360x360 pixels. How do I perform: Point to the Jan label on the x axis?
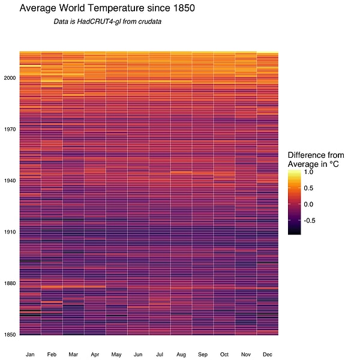tap(30, 355)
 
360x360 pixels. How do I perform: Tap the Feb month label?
tap(52, 355)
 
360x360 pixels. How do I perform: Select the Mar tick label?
tap(73, 355)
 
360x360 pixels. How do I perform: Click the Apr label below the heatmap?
tap(95, 355)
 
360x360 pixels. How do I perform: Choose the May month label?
tap(116, 355)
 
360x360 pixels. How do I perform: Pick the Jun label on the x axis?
tap(138, 355)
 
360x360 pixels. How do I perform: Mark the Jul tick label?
tap(160, 355)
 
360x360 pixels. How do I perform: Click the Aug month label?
tap(181, 355)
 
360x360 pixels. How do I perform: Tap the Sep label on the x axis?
tap(203, 355)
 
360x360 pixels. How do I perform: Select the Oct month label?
tap(224, 355)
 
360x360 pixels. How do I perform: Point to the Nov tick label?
tap(246, 355)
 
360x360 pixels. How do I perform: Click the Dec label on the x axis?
tap(268, 355)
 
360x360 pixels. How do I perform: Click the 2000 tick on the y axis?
tap(10, 78)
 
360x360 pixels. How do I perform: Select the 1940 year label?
tap(10, 181)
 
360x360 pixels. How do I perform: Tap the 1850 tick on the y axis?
tap(10, 334)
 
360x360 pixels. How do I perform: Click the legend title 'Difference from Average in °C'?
tap(315, 159)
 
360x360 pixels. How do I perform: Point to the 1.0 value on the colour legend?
tap(309, 172)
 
